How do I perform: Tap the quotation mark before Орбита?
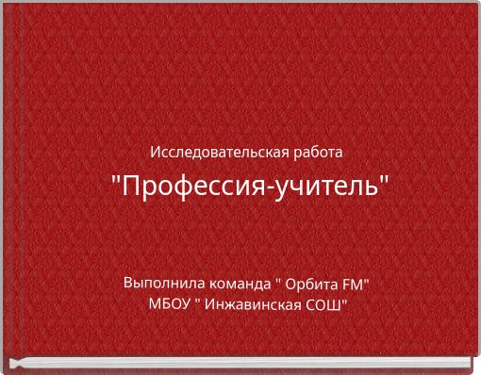tap(277, 280)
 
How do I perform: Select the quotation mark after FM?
tap(366, 280)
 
